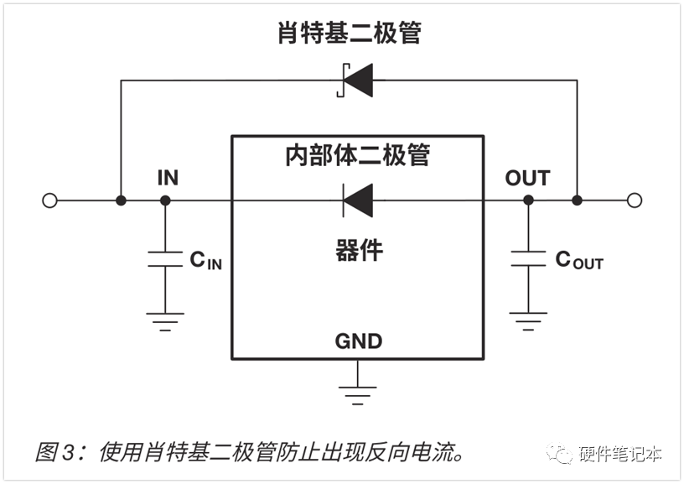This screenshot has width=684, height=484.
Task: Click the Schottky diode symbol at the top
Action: point(356,81)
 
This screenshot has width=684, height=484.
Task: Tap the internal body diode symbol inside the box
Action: point(357,200)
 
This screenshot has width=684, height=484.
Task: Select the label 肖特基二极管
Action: point(350,34)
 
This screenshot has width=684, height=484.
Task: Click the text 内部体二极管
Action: point(357,156)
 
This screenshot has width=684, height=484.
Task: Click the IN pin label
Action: point(168,178)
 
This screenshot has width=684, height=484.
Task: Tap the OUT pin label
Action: point(527,178)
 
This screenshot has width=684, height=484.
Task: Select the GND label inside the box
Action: point(358,341)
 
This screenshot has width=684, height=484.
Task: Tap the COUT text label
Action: point(578,260)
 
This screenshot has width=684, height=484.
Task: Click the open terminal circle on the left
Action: point(49,200)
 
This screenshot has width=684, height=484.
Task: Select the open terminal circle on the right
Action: point(635,200)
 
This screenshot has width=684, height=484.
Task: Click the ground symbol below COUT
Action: point(528,320)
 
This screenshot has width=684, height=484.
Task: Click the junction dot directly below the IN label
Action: point(165,200)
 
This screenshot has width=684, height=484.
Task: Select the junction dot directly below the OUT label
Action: point(528,200)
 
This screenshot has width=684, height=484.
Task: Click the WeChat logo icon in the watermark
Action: point(560,454)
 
